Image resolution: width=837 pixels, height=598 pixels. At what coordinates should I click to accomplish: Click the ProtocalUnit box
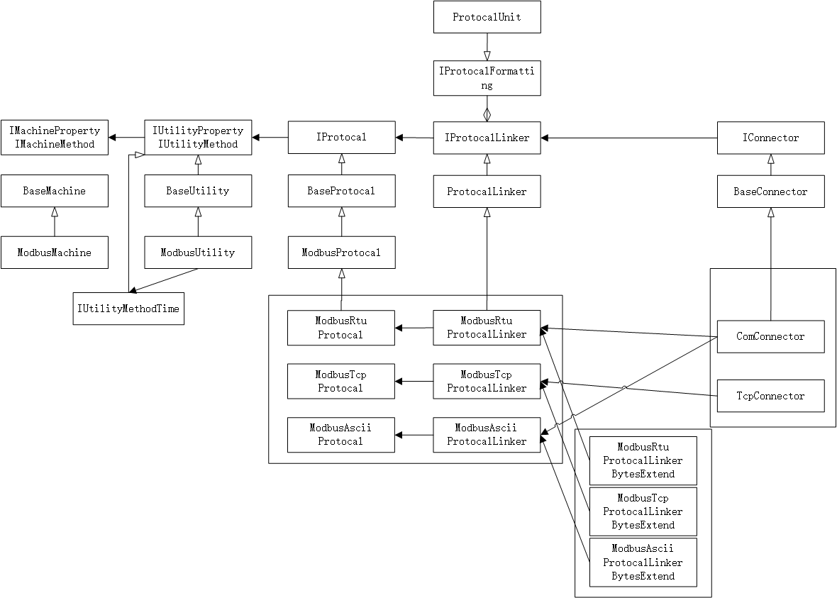pos(487,17)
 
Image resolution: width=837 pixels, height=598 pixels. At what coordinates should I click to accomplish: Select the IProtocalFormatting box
pos(487,78)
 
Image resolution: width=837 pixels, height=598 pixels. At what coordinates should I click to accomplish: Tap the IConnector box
pos(770,138)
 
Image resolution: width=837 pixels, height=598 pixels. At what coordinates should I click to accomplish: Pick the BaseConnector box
pos(770,192)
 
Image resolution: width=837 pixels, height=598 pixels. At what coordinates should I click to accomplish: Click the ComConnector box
pos(770,336)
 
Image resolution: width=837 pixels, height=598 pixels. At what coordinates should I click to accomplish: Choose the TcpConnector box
pos(770,396)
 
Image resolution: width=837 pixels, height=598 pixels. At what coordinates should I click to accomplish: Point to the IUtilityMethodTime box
pos(128,309)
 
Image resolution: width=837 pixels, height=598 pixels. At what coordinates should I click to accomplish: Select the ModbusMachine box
pos(55,253)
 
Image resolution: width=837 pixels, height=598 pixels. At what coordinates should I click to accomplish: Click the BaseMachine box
pos(55,191)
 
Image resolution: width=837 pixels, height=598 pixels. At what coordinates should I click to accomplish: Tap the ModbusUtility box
pos(198,253)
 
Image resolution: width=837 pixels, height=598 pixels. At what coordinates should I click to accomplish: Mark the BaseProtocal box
pos(341,192)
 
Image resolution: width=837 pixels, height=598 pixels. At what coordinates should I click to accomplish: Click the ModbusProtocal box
pos(341,253)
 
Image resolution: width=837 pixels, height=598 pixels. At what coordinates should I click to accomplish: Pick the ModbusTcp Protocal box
pos(340,382)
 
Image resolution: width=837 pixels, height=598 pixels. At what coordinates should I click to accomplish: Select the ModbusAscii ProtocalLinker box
pos(486,435)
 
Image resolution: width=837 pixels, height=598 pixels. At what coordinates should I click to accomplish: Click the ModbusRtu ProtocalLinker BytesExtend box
pos(643,460)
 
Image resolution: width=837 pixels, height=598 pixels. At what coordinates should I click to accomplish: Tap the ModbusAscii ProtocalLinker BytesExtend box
pos(643,563)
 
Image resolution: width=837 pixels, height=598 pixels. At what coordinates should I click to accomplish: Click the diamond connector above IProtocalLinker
pos(487,114)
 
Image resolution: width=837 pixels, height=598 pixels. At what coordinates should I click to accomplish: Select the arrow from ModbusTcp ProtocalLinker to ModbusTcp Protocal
pos(414,382)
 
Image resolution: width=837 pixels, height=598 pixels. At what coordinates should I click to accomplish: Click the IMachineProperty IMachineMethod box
pos(55,138)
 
